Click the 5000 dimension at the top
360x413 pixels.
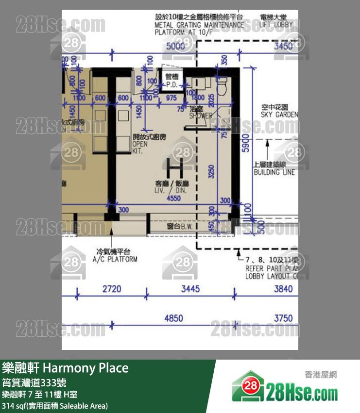pyautogui.click(x=175, y=47)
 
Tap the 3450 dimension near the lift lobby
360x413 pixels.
pyautogui.click(x=283, y=47)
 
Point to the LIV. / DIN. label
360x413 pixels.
pyautogui.click(x=174, y=187)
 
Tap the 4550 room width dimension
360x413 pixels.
pyautogui.click(x=174, y=198)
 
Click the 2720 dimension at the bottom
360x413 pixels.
pyautogui.click(x=112, y=290)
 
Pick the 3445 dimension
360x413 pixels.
pyautogui.click(x=190, y=290)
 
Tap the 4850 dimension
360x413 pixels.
pyautogui.click(x=173, y=318)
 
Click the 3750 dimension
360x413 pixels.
pyautogui.click(x=283, y=318)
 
